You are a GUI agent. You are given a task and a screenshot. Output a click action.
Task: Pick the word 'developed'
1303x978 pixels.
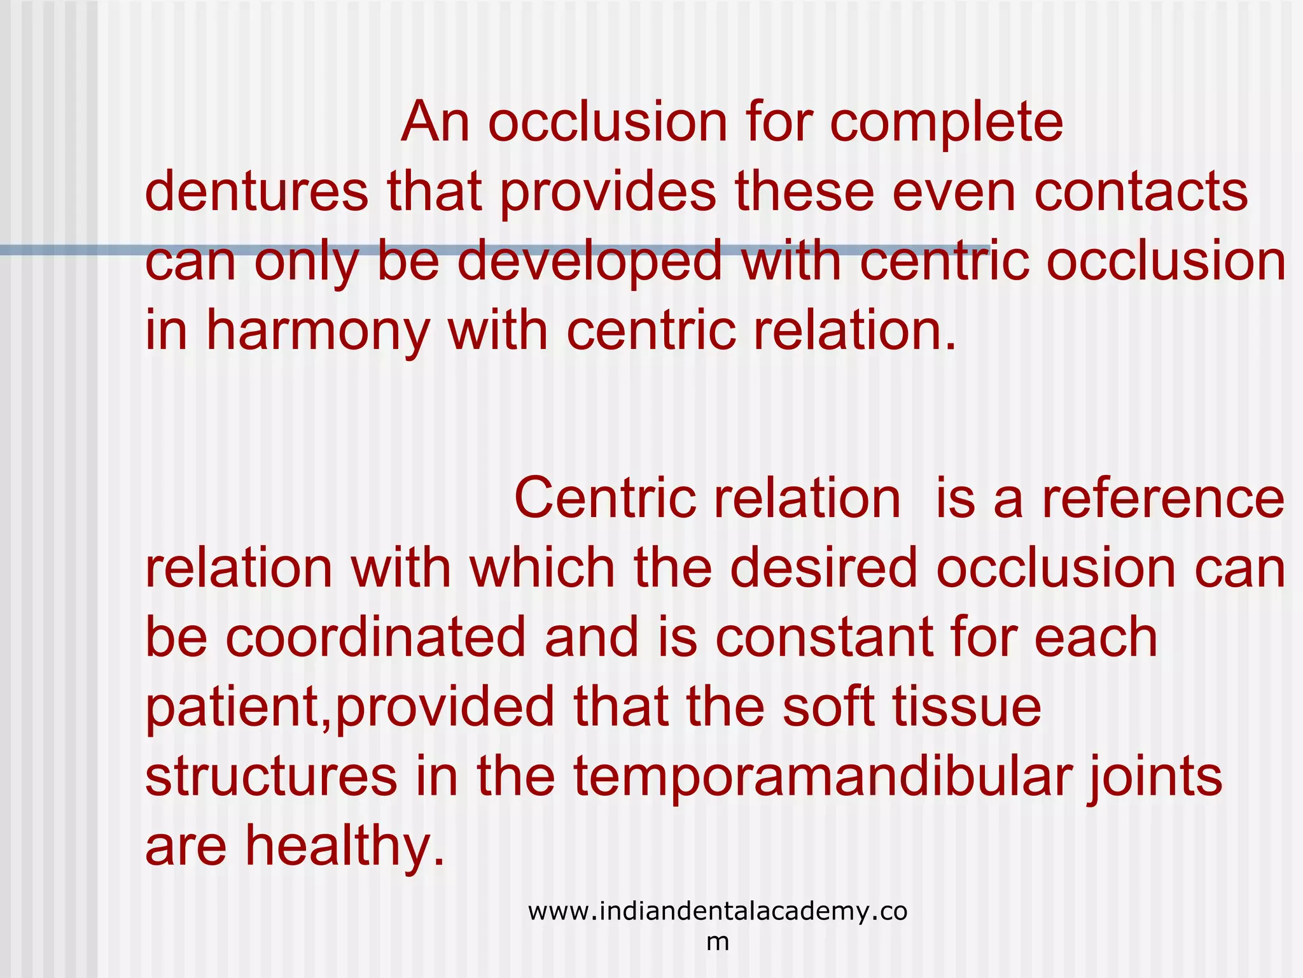(590, 262)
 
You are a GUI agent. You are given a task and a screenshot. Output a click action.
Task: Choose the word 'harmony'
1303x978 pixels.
(317, 332)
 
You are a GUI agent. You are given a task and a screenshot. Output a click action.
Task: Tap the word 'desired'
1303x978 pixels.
(823, 568)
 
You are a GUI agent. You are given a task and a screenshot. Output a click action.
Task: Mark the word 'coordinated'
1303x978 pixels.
(375, 638)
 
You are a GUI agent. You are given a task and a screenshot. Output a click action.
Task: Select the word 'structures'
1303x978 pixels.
(271, 777)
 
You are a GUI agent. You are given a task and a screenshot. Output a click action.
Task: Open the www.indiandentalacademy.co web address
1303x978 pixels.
(718, 912)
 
